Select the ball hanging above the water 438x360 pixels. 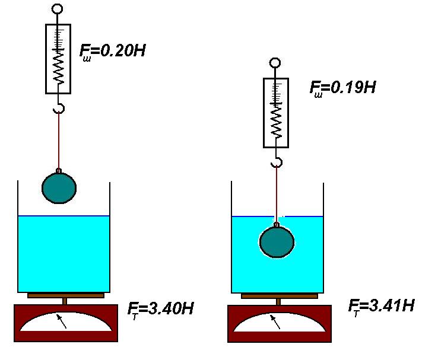[x=59, y=187]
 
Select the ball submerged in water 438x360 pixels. [x=277, y=242]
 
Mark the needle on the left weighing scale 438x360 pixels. [x=62, y=321]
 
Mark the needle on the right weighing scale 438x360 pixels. [x=275, y=321]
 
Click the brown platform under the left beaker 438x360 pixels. [x=65, y=295]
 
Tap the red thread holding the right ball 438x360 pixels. [x=276, y=193]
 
